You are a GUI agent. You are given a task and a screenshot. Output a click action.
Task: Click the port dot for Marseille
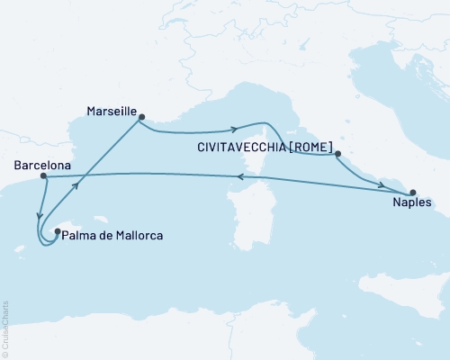(141, 115)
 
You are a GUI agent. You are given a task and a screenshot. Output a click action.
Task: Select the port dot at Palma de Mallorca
(58, 232)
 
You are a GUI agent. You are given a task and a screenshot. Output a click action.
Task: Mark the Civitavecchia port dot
(338, 155)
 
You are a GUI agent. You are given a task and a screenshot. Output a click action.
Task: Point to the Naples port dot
(413, 193)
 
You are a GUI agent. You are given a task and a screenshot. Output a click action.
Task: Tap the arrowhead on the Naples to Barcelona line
(240, 178)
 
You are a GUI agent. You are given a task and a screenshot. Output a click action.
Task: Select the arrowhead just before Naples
(382, 186)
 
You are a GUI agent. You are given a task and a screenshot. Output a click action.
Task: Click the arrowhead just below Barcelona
(39, 214)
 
